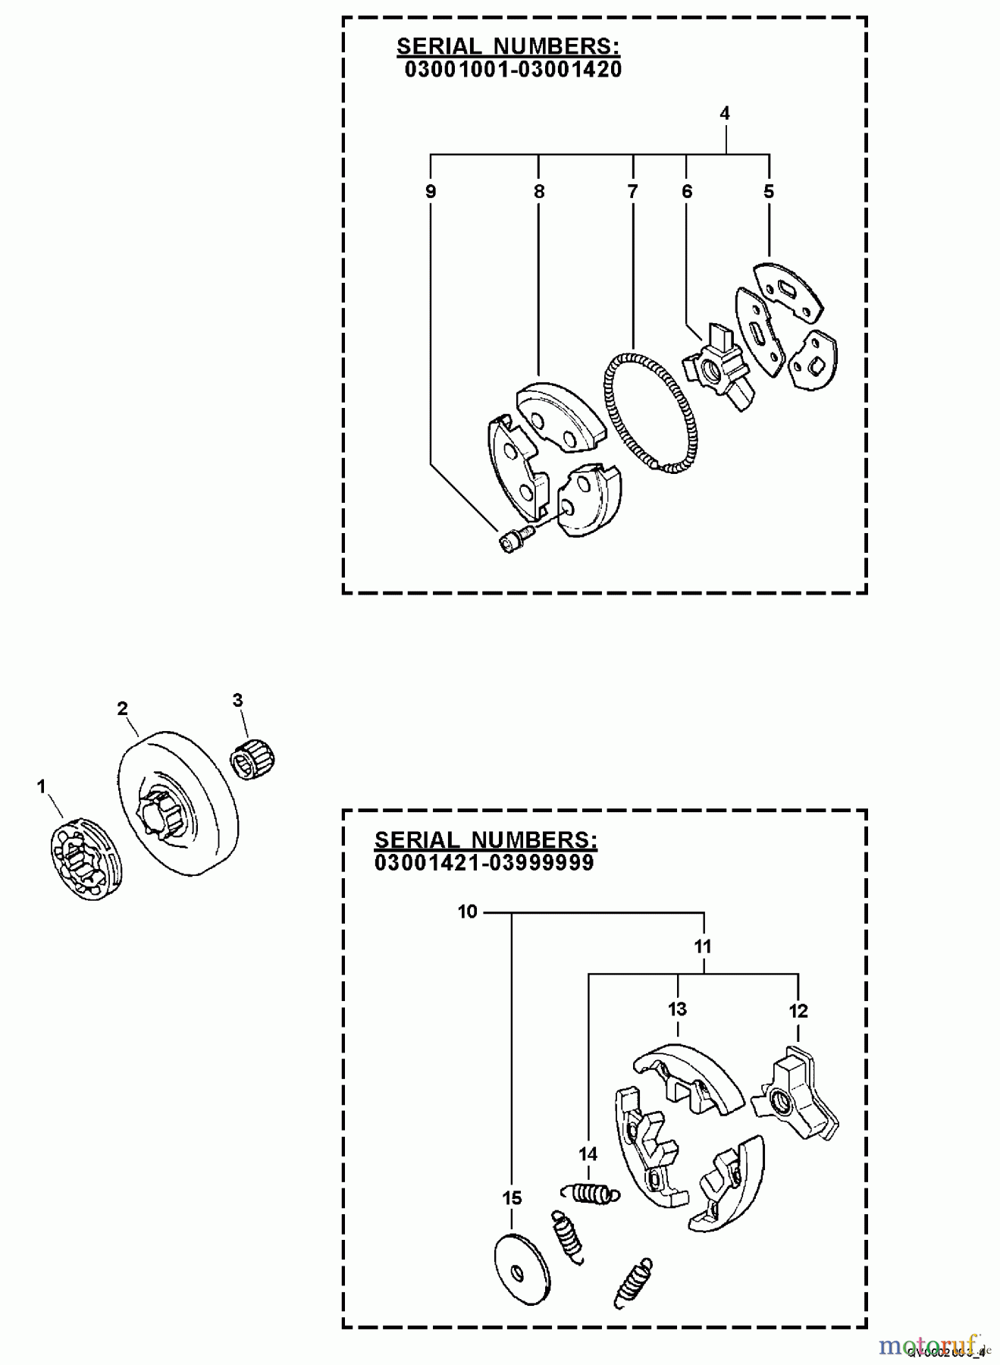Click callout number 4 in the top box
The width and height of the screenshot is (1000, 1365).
click(x=725, y=114)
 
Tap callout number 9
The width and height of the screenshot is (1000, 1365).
click(x=431, y=191)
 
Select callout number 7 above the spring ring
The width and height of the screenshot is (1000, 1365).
click(x=632, y=191)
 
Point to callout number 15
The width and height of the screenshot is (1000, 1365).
click(x=512, y=1198)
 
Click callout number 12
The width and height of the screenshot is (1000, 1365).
click(x=798, y=1011)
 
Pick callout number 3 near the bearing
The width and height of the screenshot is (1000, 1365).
click(x=237, y=700)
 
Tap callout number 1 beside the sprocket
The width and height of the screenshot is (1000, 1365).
click(x=42, y=787)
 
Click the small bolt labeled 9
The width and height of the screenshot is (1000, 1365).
click(x=516, y=539)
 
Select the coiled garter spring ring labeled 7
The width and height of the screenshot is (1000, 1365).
click(x=650, y=413)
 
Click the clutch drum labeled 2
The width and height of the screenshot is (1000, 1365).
click(x=178, y=804)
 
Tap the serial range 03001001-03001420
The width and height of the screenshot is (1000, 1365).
click(x=513, y=70)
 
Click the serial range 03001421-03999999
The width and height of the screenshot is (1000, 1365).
click(x=484, y=863)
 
